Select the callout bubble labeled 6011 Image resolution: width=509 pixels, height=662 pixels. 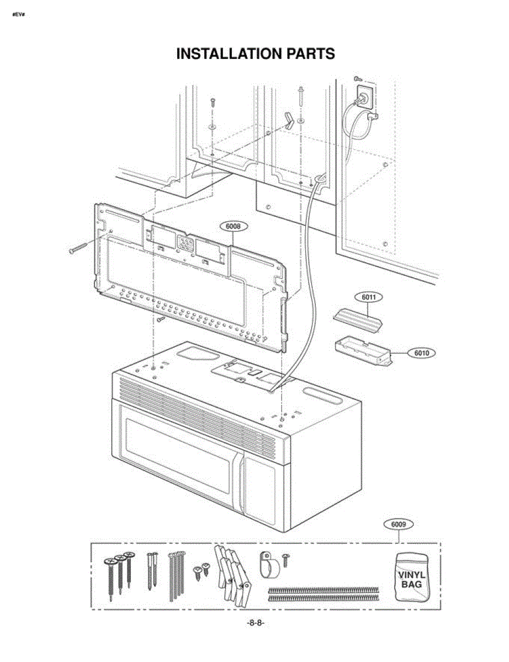pyautogui.click(x=369, y=297)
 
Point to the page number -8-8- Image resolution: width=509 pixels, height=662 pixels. pyautogui.click(x=255, y=623)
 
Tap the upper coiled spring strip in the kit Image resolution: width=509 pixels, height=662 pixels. pyautogui.click(x=323, y=590)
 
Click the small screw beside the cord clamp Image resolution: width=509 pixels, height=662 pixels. pyautogui.click(x=285, y=559)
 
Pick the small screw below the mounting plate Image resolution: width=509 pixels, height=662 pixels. pyautogui.click(x=161, y=318)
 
